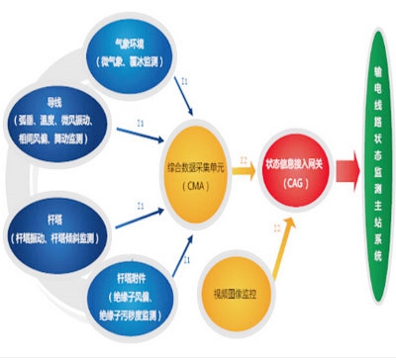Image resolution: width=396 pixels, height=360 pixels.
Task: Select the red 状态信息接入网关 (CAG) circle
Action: tap(295, 167)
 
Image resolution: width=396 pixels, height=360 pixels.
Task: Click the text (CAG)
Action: tap(294, 180)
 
